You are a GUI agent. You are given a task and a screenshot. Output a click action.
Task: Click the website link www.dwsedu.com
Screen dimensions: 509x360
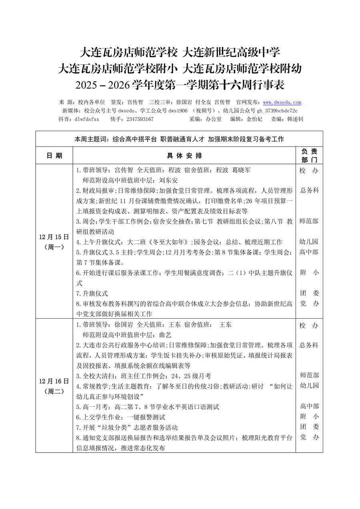[x=282, y=102]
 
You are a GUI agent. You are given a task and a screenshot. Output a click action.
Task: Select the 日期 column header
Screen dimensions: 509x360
[x=54, y=156]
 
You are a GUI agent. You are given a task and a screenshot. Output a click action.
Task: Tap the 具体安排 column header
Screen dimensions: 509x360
[x=184, y=156]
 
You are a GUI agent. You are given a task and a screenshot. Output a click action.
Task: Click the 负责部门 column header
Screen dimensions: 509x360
[x=309, y=156]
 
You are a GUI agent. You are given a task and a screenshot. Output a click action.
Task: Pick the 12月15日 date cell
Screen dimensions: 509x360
[x=54, y=242]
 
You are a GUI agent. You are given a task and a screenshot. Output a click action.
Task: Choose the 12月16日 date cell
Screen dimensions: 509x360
[x=54, y=386]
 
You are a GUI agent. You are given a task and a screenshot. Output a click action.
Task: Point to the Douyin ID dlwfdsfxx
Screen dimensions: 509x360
[x=86, y=119]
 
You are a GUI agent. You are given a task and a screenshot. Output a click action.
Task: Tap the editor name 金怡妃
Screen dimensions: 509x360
[x=254, y=119]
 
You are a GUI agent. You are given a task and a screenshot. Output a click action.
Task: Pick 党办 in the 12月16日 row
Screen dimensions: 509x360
[x=309, y=438]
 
